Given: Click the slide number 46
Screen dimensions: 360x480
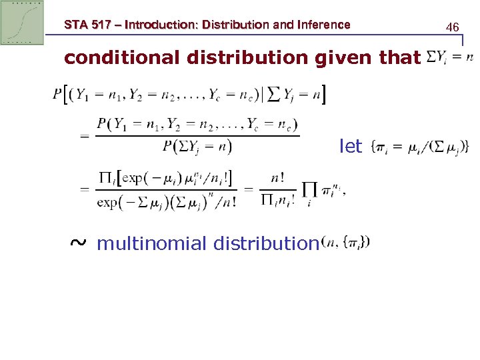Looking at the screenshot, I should [453, 27].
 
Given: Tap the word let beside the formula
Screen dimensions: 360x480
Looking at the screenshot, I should [351, 145].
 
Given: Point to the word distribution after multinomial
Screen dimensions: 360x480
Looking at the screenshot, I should [265, 243].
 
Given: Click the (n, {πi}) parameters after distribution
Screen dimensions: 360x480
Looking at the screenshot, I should [345, 241].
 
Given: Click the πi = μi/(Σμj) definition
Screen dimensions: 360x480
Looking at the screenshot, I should [419, 146].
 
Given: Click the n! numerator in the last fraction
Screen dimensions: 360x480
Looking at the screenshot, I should [278, 178].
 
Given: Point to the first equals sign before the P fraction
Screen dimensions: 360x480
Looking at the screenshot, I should [85, 136].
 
